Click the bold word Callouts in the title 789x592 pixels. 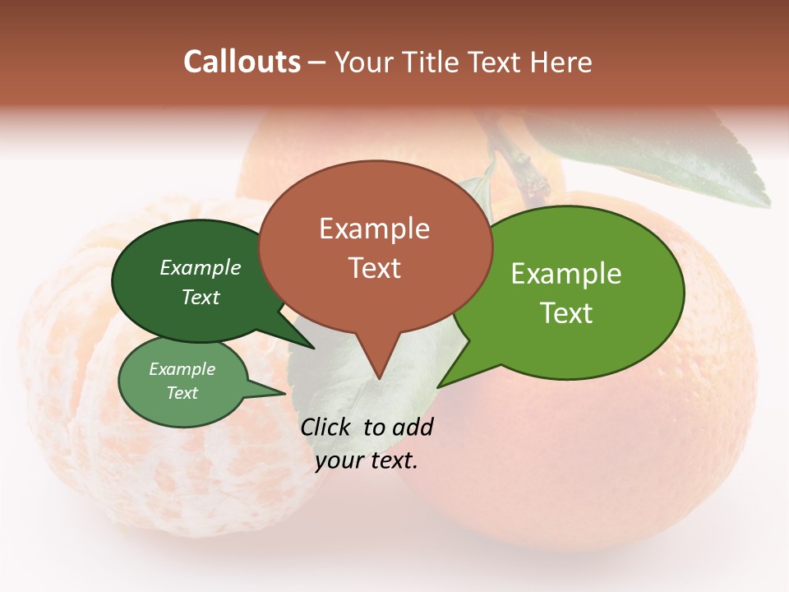[x=242, y=62]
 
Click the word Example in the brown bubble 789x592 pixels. [x=374, y=228]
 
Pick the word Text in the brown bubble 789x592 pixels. [x=374, y=267]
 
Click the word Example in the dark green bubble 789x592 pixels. [x=200, y=267]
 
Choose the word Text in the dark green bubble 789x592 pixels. [x=200, y=297]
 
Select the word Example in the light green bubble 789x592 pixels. [x=565, y=273]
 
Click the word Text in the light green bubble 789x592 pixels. [x=565, y=312]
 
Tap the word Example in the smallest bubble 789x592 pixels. [x=182, y=369]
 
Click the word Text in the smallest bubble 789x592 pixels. [x=182, y=393]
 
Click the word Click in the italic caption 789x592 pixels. [x=326, y=427]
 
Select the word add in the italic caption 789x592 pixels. [x=412, y=427]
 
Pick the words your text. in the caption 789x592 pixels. [x=367, y=460]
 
